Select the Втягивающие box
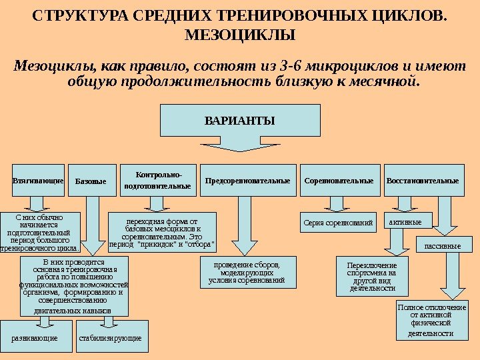coord(37,180)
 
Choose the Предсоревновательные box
coord(247,180)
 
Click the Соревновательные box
coord(339,180)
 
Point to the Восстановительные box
coord(423,180)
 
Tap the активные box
coord(407,220)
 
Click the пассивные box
coord(443,245)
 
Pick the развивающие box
coord(35,338)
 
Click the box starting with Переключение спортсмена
coord(371,277)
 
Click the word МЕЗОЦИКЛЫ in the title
coord(239,34)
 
